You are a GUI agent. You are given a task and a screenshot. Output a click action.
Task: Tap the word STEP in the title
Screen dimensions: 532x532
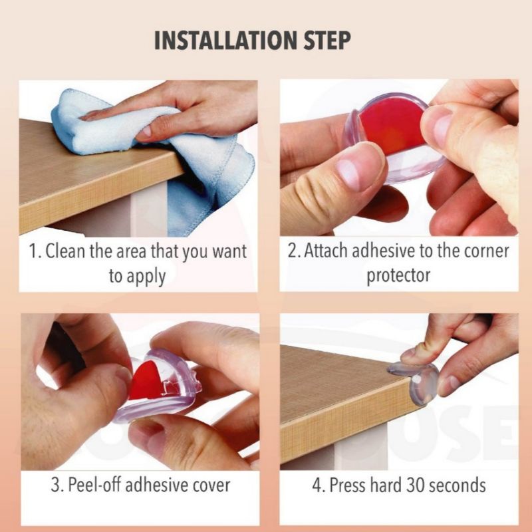[x=327, y=41]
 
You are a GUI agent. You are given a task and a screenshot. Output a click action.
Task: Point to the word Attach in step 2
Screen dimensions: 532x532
[x=326, y=251]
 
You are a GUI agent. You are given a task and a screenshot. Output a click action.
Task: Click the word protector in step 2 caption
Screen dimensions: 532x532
[x=398, y=276]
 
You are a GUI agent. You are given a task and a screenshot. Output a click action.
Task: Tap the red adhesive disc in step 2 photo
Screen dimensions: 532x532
[x=392, y=126]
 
